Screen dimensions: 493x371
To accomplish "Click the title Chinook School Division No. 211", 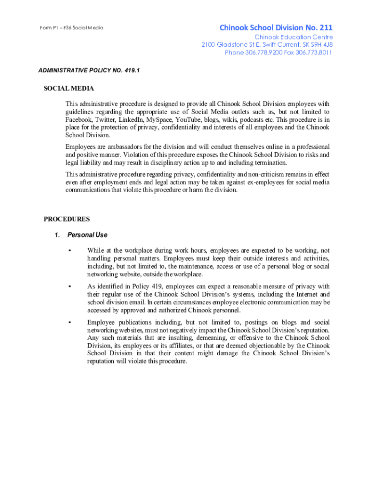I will tap(276, 27).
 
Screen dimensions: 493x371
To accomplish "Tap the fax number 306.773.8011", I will tap(314, 52).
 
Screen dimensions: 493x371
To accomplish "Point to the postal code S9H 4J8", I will tap(318, 45).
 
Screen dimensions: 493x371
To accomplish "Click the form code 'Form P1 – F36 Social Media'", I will tap(72, 28).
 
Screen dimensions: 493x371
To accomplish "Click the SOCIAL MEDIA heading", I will tap(69, 89).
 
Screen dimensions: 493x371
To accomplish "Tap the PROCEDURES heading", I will tap(66, 219).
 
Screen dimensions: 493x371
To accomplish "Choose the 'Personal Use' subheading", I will tap(87, 235).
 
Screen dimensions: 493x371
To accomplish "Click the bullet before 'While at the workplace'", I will tap(70, 250).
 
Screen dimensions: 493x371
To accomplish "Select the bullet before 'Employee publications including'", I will tap(70, 322).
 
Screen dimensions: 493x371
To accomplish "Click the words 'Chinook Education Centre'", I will tap(293, 37).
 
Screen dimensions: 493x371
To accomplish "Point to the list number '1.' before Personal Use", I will tap(57, 235).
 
